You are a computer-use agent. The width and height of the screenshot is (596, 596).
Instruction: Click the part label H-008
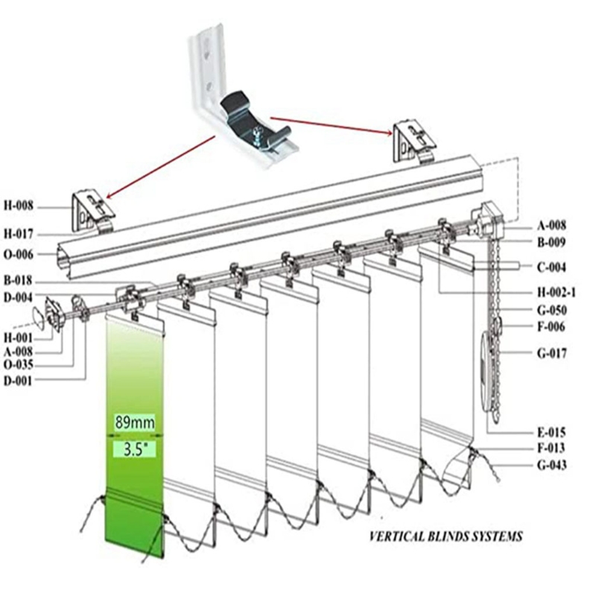[x=20, y=206]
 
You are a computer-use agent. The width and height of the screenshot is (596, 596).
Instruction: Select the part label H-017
[x=20, y=233]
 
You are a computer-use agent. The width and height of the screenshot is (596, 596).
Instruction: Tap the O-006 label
[x=20, y=255]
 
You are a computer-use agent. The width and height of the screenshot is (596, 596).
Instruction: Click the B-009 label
[x=551, y=242]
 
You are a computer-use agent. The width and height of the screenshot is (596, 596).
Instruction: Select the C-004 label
[x=551, y=266]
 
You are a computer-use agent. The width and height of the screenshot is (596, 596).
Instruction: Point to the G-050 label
[x=551, y=310]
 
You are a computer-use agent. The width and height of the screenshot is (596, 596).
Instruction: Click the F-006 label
[x=551, y=326]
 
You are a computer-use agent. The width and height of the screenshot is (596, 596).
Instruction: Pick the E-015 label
[x=551, y=431]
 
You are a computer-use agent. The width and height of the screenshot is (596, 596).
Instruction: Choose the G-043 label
[x=551, y=466]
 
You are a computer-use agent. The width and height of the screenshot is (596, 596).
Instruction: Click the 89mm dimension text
[x=135, y=422]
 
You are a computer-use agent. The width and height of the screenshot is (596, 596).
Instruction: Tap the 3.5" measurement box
[x=135, y=449]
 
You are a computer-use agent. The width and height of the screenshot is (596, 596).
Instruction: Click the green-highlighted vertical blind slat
[x=134, y=372]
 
